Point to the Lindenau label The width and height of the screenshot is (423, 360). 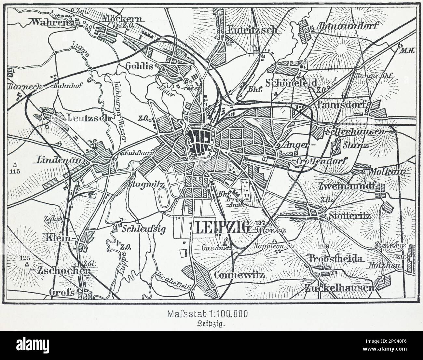(61, 160)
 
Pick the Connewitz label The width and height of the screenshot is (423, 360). (239, 275)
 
